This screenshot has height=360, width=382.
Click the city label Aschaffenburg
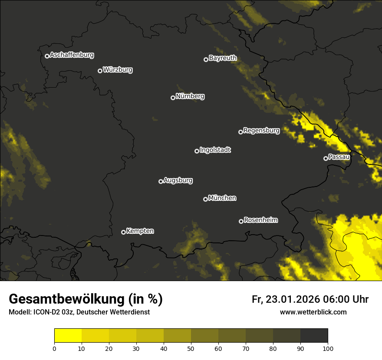72,55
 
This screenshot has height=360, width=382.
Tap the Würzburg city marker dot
100,71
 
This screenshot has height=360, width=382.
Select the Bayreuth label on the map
223,58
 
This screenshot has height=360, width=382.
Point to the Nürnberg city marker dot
173,98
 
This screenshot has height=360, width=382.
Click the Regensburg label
261,130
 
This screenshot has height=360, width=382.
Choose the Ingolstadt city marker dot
197,151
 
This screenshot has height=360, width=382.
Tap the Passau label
339,157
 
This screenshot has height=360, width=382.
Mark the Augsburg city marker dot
161,181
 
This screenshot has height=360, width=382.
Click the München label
222,198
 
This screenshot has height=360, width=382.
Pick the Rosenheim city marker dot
241,221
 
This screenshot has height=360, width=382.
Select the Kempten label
140,231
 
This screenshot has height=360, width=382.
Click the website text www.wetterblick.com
313,312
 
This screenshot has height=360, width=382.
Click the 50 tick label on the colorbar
191,348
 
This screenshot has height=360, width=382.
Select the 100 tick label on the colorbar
328,348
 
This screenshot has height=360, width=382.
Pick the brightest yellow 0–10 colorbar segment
68,336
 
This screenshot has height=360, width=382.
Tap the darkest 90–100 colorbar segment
314,336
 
